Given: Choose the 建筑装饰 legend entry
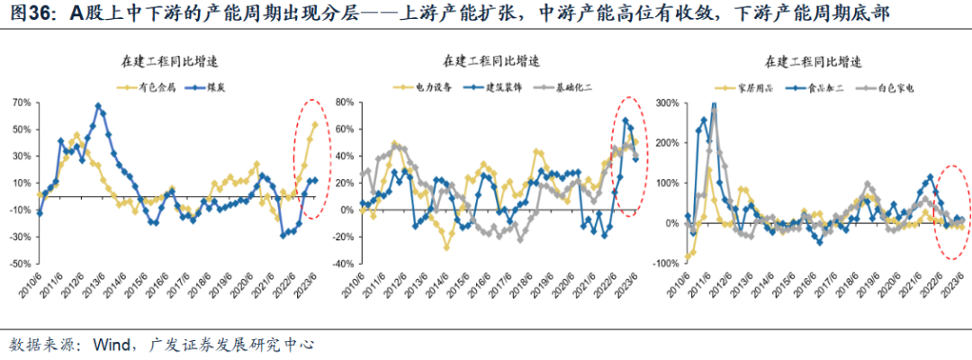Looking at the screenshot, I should click(488, 87).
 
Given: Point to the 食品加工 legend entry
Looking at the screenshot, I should click(811, 87).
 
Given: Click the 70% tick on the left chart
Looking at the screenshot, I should click(20, 103).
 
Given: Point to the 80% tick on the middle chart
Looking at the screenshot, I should click(346, 103).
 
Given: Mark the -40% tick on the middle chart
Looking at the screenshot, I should click(345, 265).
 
